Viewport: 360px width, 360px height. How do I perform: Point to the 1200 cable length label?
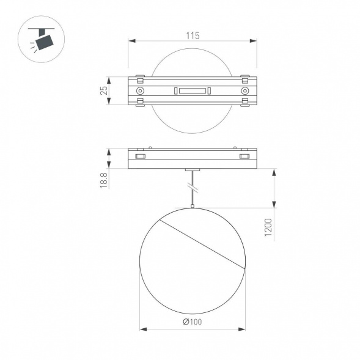tap(269, 229)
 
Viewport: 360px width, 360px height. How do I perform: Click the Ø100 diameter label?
tap(192, 322)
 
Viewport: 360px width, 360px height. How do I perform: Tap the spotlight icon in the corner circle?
tap(42, 40)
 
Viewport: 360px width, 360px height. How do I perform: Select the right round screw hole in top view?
tap(244, 91)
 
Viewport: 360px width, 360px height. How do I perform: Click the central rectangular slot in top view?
tap(192, 91)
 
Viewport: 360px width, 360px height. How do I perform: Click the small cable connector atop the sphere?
tap(192, 207)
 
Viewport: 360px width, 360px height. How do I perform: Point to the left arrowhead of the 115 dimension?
tap(130, 42)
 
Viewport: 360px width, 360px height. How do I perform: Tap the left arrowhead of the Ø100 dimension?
tap(142, 329)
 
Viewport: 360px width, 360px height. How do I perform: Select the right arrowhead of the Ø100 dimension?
tap(242, 329)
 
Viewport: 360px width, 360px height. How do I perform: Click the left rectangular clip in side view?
tap(140, 157)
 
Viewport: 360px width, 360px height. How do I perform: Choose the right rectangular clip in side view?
tap(244, 157)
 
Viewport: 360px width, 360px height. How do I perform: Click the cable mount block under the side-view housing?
tap(192, 170)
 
